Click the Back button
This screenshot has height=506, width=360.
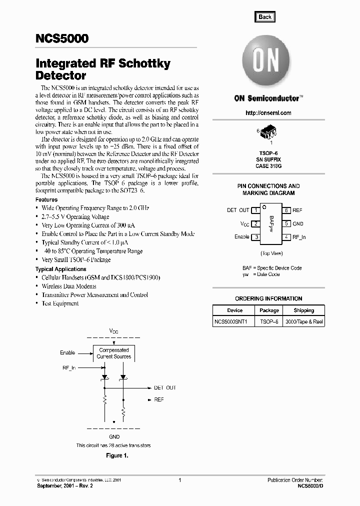[265, 16]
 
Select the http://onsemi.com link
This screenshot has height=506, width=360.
[268, 113]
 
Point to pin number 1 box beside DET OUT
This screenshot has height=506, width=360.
[255, 210]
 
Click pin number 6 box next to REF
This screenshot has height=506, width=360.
[286, 210]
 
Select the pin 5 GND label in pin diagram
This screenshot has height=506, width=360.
[298, 224]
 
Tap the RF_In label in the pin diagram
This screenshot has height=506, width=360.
[299, 237]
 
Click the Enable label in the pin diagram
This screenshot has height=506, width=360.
[242, 237]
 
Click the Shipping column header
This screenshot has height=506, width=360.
[303, 310]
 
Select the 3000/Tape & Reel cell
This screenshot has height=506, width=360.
[303, 322]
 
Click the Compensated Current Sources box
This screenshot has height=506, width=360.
[114, 353]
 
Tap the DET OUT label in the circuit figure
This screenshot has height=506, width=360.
[165, 388]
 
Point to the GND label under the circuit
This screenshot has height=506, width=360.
[114, 436]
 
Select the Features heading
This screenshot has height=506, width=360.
[46, 199]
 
